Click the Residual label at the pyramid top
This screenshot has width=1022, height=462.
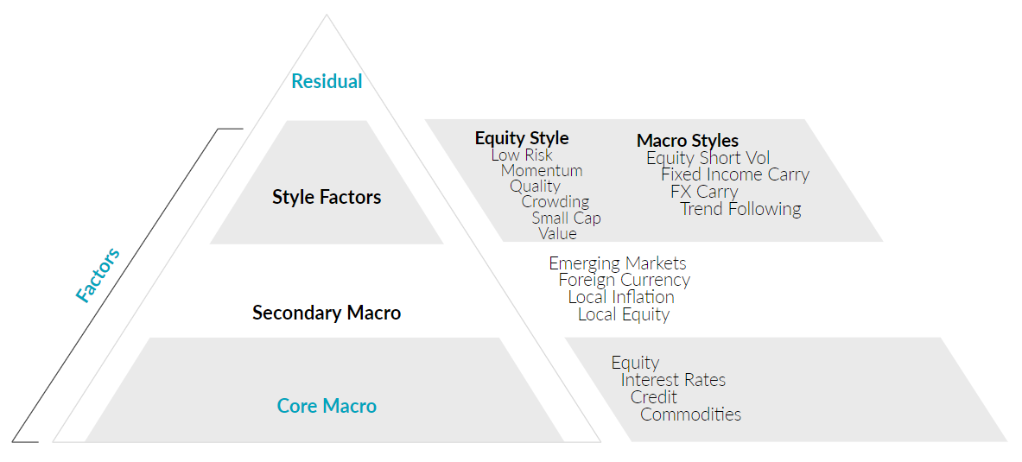coord(327,81)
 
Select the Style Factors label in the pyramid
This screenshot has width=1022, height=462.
coord(327,197)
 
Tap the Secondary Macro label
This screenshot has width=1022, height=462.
coord(327,313)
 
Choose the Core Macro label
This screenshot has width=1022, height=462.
coord(327,406)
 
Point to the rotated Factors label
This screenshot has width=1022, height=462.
coord(98,275)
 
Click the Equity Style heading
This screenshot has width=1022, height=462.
coord(522,138)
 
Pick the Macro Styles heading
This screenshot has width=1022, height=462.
coord(688,141)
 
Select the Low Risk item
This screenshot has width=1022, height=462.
coord(522,155)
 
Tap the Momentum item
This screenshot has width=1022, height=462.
coord(542,171)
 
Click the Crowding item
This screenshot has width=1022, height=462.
coord(555,202)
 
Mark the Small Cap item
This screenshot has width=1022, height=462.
coord(566,218)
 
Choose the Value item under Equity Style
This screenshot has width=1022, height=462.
coord(557,233)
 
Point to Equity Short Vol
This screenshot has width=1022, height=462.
coord(708,158)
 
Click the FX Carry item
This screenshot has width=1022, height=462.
coord(704,193)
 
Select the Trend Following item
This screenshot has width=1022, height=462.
coord(740,209)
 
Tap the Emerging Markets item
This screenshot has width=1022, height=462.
coord(617,263)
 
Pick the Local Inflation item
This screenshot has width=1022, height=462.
coord(621,297)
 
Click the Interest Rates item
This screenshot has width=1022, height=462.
coord(673,380)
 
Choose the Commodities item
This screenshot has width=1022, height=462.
coord(690,415)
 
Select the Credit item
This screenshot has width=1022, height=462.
coord(653,397)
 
